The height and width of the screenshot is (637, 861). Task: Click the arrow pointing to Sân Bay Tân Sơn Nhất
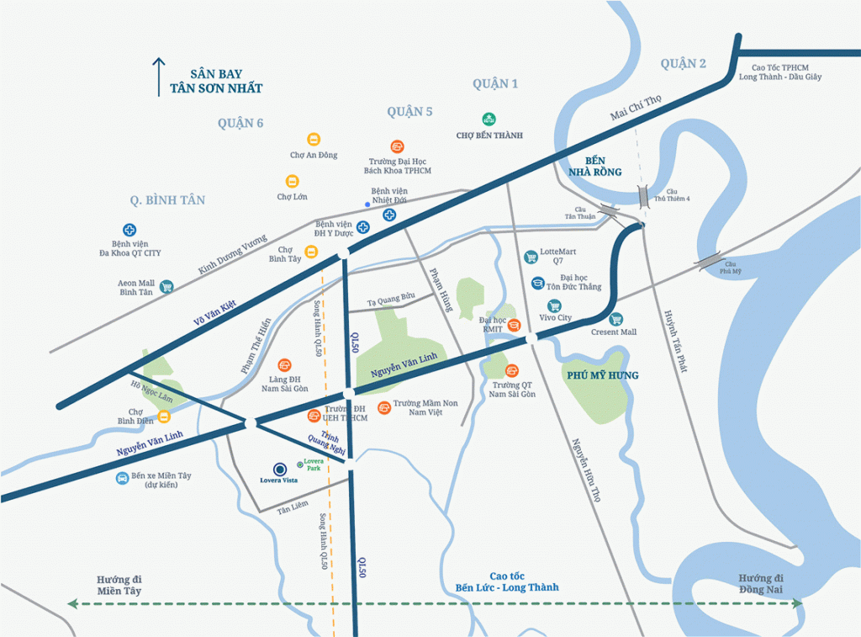click(x=156, y=77)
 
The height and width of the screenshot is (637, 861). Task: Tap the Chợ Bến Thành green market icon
click(x=489, y=119)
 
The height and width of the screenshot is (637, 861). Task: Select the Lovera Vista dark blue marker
click(x=278, y=469)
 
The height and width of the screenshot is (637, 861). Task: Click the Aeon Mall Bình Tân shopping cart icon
click(x=166, y=286)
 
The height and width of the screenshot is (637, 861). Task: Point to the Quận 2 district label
click(x=683, y=64)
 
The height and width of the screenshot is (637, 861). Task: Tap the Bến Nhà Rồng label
click(x=603, y=166)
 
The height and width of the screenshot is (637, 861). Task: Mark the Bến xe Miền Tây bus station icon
click(x=123, y=478)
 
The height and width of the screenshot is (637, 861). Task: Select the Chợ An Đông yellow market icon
click(x=313, y=140)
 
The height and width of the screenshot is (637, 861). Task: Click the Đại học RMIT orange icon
click(x=515, y=326)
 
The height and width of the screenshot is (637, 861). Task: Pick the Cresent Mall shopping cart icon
click(x=615, y=319)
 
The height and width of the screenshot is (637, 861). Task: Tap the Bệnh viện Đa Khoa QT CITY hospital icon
click(x=129, y=229)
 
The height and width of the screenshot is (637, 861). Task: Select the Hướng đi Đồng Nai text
click(x=761, y=584)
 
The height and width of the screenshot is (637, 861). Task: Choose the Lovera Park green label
click(x=313, y=464)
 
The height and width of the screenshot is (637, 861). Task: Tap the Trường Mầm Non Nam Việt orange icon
click(x=384, y=407)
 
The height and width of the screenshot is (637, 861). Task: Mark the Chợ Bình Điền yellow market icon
click(x=165, y=416)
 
